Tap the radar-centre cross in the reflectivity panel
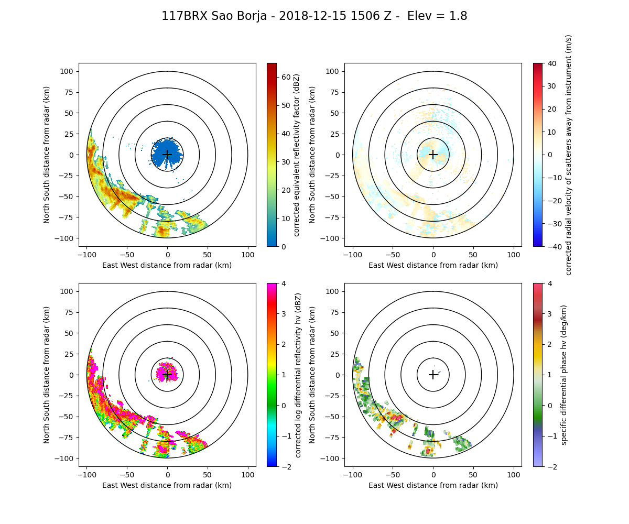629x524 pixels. pos(167,155)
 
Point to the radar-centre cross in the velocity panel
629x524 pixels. pos(433,155)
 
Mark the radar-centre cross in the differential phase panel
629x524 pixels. pos(433,375)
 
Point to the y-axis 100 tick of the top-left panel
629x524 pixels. pos(79,71)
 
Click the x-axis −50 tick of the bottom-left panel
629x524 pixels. pos(127,466)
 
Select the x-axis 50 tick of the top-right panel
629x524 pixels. pos(473,246)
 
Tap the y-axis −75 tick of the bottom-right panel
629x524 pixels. pos(345,437)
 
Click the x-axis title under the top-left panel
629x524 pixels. pos(167,265)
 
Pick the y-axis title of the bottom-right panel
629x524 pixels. pos(313,375)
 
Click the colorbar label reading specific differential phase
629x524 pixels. pos(565,375)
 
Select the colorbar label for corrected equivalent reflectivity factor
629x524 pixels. pos(297,155)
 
